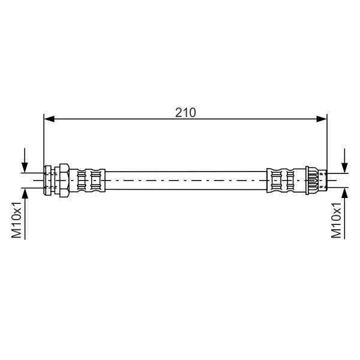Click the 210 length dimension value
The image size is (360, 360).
click(x=185, y=113)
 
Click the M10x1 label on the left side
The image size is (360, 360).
click(x=17, y=220)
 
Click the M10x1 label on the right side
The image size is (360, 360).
click(x=336, y=220)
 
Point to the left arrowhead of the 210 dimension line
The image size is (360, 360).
click(x=49, y=119)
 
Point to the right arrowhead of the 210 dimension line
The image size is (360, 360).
click(x=322, y=119)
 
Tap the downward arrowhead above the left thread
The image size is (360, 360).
click(x=25, y=167)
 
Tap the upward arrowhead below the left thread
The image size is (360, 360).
click(x=25, y=193)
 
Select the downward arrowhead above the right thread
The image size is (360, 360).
click(x=344, y=167)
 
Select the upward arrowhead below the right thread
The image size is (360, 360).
click(x=344, y=193)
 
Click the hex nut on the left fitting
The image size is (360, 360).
click(x=64, y=181)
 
